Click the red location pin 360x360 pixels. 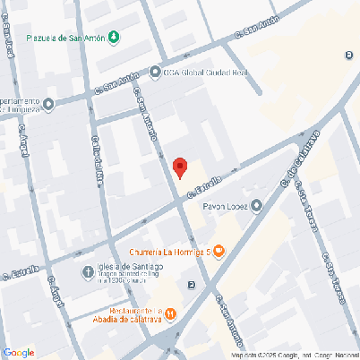point(180,167)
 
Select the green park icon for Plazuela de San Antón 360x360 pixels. point(114,38)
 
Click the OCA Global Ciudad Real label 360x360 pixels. point(204,73)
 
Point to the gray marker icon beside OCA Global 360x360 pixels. point(157,73)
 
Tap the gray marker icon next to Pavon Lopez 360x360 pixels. point(257,207)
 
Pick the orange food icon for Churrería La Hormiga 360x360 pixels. point(219,252)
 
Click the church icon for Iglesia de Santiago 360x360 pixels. point(88,272)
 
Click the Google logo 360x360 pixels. point(18,352)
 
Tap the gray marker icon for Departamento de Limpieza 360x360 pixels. point(48,105)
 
